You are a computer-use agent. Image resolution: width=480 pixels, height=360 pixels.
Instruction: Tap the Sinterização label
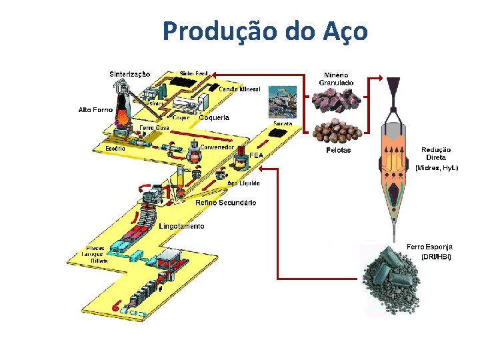pyautogui.click(x=129, y=74)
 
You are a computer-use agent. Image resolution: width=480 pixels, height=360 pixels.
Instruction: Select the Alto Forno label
pyautogui.click(x=95, y=109)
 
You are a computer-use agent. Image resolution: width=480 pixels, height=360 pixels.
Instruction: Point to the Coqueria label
pyautogui.click(x=214, y=117)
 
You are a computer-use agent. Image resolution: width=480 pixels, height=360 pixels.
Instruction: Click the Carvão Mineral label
pyautogui.click(x=239, y=89)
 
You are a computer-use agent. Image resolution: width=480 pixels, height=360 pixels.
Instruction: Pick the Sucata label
pyautogui.click(x=283, y=124)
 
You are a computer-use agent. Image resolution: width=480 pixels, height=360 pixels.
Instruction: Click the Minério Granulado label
pyautogui.click(x=336, y=78)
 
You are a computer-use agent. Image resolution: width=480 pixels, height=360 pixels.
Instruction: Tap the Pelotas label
pyautogui.click(x=338, y=151)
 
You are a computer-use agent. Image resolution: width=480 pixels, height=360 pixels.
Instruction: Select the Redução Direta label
pyautogui.click(x=436, y=153)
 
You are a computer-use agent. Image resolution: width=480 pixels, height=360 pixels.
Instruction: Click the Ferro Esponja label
pyautogui.click(x=430, y=247)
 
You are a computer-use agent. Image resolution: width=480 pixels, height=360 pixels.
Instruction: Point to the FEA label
pyautogui.click(x=257, y=155)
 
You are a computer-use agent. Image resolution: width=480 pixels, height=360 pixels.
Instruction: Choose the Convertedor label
pyautogui.click(x=217, y=147)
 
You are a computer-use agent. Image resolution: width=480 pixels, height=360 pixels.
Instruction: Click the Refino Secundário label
pyautogui.click(x=225, y=203)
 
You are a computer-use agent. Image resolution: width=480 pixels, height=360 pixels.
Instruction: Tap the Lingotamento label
pyautogui.click(x=181, y=226)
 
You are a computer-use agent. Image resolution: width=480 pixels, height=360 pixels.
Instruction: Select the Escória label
pyautogui.click(x=115, y=148)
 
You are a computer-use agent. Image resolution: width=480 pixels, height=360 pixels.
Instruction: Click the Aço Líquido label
pyautogui.click(x=243, y=183)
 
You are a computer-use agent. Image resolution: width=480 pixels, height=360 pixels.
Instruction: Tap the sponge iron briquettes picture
pyautogui.click(x=393, y=277)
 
